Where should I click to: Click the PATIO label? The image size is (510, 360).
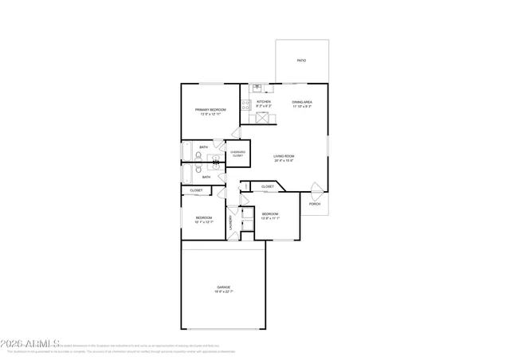point(301,61)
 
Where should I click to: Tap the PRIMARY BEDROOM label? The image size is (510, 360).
point(211,109)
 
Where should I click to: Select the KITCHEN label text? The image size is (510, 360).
point(264,102)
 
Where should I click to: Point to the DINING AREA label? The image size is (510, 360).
point(302,102)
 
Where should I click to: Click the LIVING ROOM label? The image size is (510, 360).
point(284,156)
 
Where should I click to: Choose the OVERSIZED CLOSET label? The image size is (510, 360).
point(237,154)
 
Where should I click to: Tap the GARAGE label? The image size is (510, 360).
point(223,287)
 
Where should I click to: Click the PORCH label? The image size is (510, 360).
point(315,204)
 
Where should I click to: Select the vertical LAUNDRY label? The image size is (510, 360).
point(231,222)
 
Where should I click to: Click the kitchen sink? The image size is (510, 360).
point(257,88)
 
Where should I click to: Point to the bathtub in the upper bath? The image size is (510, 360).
point(186,151)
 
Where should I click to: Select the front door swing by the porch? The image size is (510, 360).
point(317,190)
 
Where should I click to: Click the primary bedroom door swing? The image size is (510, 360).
point(236,133)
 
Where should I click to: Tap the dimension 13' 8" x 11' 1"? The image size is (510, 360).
point(270,218)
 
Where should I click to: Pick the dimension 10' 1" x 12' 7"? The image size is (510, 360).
point(205,222)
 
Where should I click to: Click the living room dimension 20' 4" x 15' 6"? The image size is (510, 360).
point(284,161)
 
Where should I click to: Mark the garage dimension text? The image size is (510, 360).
point(223,292)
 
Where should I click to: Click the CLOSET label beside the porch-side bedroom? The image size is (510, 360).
point(268,186)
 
